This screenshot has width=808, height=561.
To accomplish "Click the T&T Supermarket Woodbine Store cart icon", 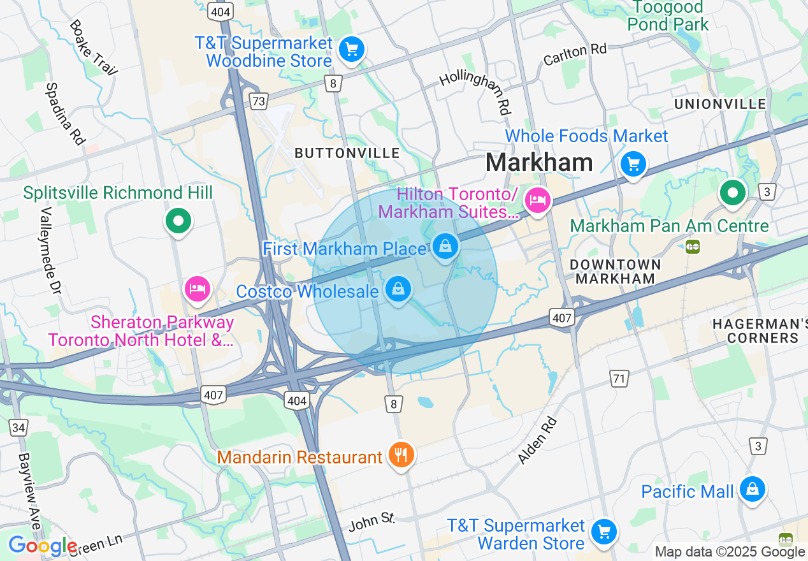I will coord(351,50).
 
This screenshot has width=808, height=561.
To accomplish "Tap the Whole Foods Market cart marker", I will coord(633,164).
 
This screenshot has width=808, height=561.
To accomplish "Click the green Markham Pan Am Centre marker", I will coord(733,192).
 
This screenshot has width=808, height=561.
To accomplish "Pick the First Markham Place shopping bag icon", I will coord(445,245).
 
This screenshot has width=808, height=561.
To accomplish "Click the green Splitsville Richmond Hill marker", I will coord(178,221).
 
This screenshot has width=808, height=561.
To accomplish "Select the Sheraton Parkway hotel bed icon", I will coord(198,289).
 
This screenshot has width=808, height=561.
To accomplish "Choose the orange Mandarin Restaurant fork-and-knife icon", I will coord(400,455).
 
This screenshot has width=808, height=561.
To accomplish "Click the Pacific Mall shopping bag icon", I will coord(753,489).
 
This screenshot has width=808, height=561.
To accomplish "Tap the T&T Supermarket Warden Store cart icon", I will coord(603,531).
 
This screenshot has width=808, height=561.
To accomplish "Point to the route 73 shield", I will coord(258,101).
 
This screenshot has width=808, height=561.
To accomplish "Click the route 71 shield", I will coord(618,379).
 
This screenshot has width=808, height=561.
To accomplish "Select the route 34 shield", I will coord(18,427).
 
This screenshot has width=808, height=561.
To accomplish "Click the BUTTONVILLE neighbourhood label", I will coord(347,154).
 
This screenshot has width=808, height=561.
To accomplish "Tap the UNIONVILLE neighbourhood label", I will coord(720,104).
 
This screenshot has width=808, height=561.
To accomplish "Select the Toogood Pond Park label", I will coord(668,16).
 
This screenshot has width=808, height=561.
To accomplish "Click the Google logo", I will coord(43,546).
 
